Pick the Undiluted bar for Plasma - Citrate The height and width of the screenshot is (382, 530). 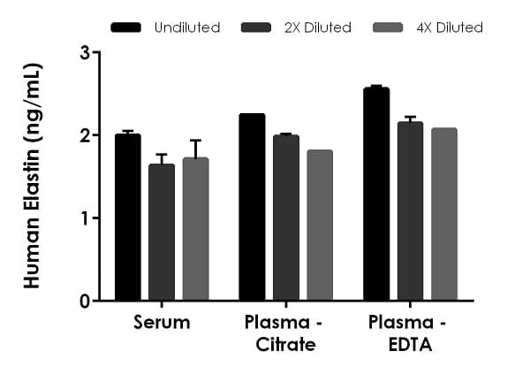tap(252, 207)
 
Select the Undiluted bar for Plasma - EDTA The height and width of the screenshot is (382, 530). tap(376, 195)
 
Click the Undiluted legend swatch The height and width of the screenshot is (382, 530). tap(127, 27)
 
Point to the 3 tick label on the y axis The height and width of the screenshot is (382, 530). tap(85, 52)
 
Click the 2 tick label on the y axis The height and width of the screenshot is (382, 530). tap(85, 135)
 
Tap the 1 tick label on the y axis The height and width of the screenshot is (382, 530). tap(85, 218)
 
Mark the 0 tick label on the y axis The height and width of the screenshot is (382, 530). tap(85, 301)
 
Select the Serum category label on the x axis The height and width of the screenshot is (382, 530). tap(162, 323)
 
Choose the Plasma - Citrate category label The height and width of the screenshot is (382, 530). tap(285, 333)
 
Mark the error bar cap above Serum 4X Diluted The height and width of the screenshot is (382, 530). tap(195, 140)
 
